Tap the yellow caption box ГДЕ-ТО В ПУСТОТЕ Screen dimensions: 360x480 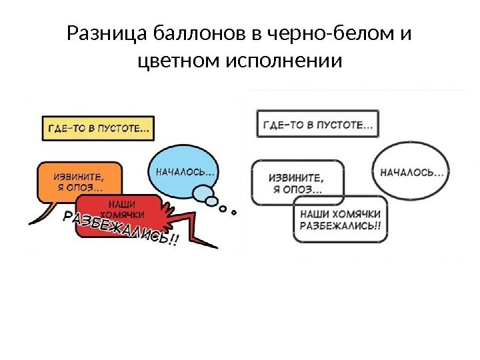[97, 128]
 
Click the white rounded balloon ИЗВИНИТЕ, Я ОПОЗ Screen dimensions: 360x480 [297, 182]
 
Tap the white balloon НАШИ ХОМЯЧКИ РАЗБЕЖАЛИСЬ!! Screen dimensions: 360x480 [341, 219]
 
